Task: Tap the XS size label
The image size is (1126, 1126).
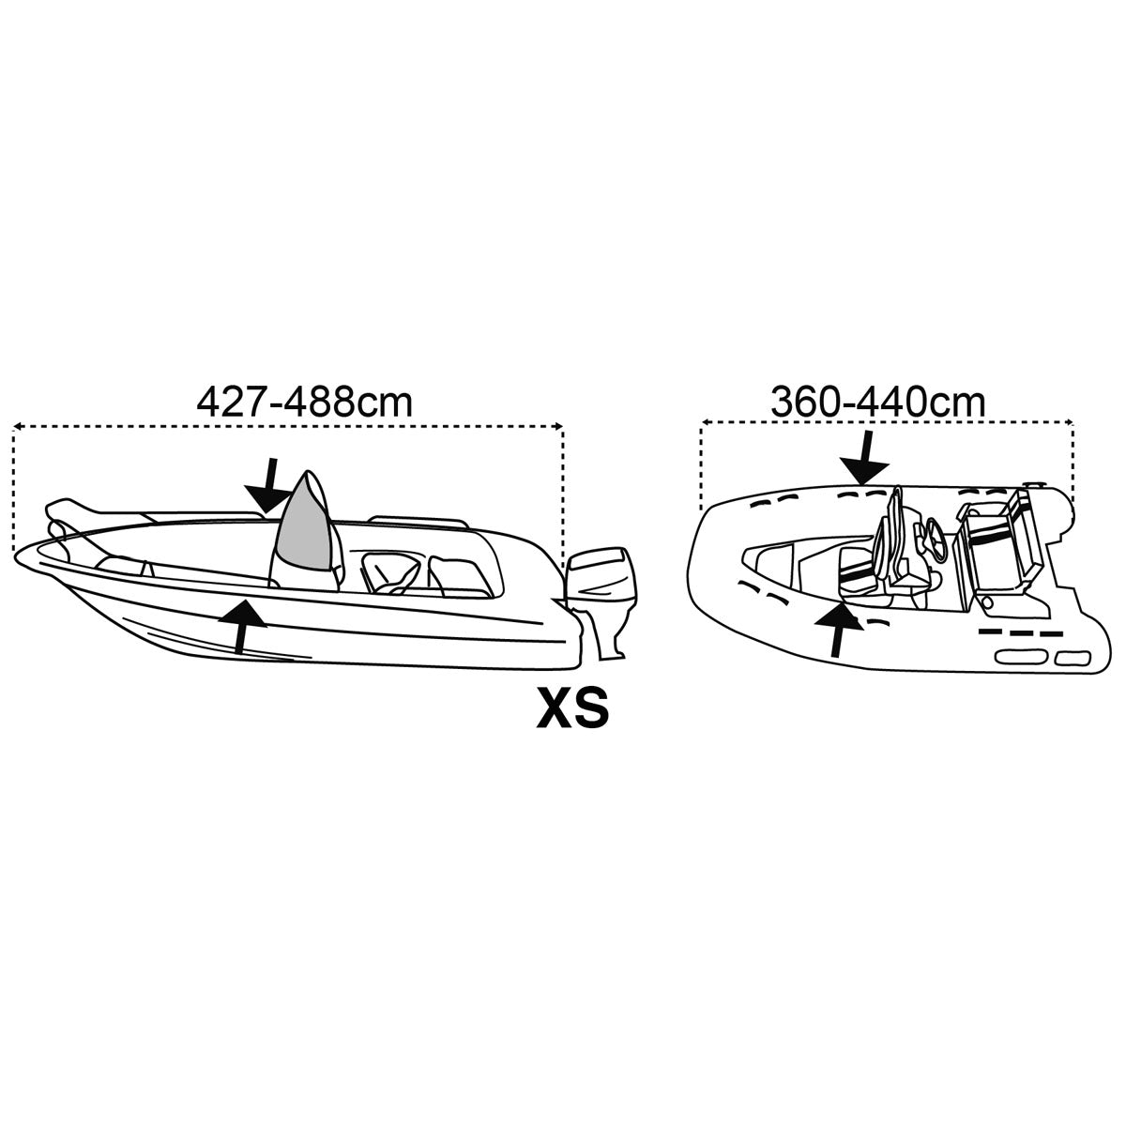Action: click(x=571, y=708)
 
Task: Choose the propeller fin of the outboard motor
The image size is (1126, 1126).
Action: click(x=615, y=647)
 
